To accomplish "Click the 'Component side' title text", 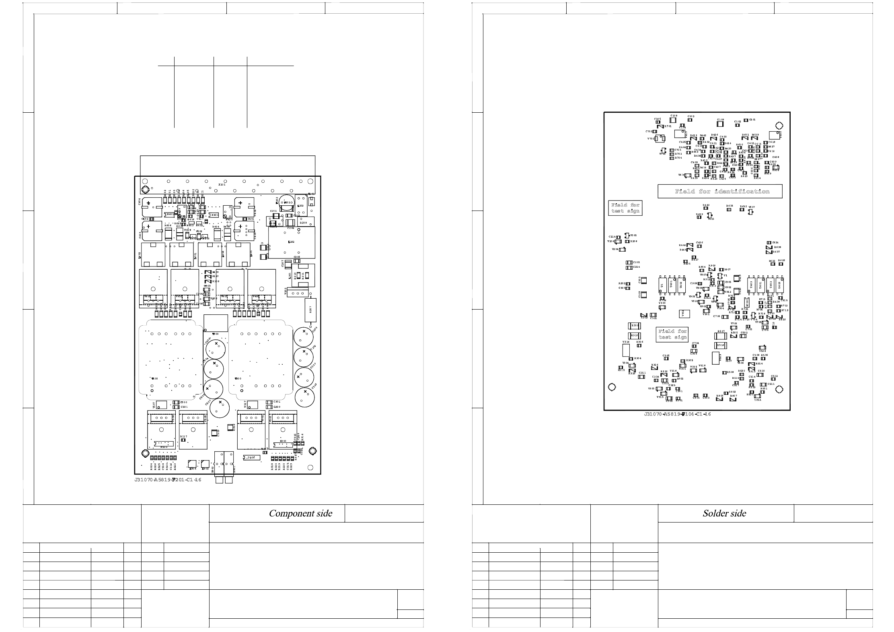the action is tap(300, 513).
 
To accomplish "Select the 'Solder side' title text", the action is tap(724, 513).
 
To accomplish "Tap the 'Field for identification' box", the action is tap(720, 192).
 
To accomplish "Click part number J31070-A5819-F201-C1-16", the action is tap(168, 480).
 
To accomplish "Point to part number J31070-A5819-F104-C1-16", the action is tap(677, 414).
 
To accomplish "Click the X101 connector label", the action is tap(222, 185).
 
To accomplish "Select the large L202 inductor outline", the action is tap(292, 242).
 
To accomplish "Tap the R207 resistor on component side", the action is tap(310, 310).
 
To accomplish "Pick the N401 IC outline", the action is tap(214, 215).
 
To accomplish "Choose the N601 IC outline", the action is tap(170, 215).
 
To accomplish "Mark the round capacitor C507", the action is tap(220, 407).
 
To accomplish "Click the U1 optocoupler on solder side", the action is tap(662, 285).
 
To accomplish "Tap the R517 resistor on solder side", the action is tap(721, 336).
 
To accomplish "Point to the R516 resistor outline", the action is tap(721, 345).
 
